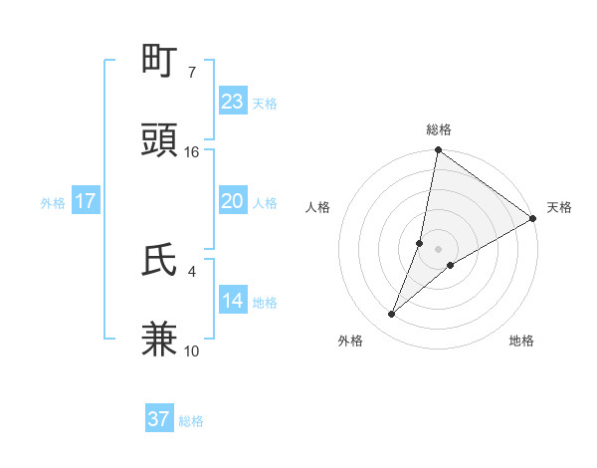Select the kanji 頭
160,141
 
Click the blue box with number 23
232,102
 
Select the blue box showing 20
232,201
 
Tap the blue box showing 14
232,301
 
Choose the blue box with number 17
86,201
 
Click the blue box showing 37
159,419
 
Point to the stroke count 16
192,152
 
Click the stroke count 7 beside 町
192,73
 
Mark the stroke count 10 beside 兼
192,351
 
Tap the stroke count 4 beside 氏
192,271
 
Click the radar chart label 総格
439,129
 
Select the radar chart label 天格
559,207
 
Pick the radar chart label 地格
521,341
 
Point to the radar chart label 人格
317,207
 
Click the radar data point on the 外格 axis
391,315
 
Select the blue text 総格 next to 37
191,421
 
